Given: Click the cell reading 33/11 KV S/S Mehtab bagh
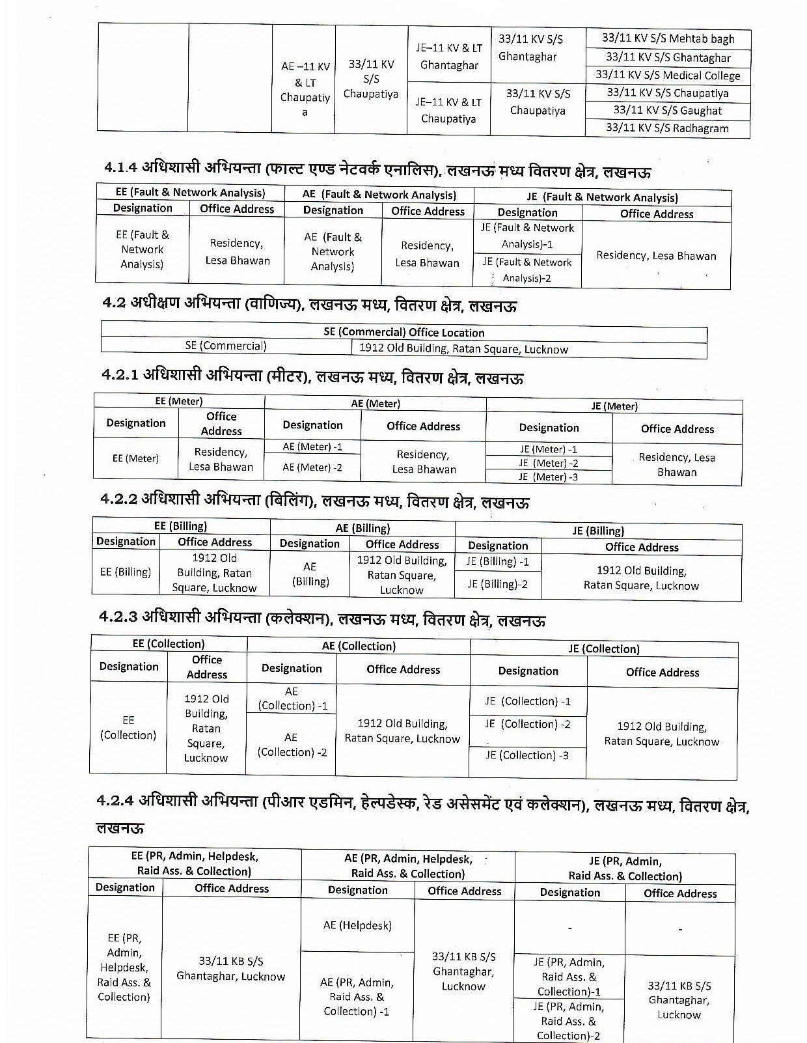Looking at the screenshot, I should pyautogui.click(x=668, y=38).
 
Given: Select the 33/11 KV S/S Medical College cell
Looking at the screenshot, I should pyautogui.click(x=668, y=76).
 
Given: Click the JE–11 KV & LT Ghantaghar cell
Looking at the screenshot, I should pyautogui.click(x=449, y=57).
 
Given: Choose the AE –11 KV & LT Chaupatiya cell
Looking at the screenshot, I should pyautogui.click(x=305, y=89).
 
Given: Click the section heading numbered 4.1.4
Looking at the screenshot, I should pyautogui.click(x=377, y=171).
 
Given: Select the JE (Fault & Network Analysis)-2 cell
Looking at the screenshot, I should pyautogui.click(x=527, y=270).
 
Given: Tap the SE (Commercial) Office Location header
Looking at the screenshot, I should pyautogui.click(x=403, y=332).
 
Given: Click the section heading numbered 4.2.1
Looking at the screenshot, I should pyautogui.click(x=312, y=377).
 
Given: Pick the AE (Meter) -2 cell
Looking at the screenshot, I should pyautogui.click(x=312, y=467).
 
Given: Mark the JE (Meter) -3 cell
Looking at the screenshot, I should pyautogui.click(x=548, y=477).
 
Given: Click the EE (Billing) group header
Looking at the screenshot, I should pyautogui.click(x=180, y=526).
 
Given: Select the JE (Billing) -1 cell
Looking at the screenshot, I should pyautogui.click(x=498, y=561).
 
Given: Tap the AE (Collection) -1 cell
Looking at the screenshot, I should pyautogui.click(x=292, y=699).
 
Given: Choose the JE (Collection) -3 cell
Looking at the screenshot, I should pyautogui.click(x=527, y=755).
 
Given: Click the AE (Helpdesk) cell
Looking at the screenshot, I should pyautogui.click(x=357, y=925).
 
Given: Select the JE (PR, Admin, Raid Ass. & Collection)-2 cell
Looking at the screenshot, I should pyautogui.click(x=569, y=1021).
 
